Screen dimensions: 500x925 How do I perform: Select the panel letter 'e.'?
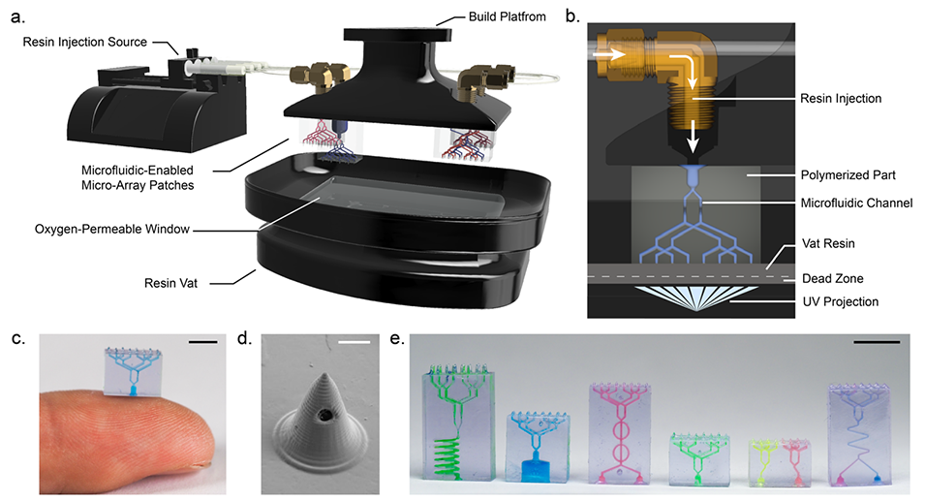(421, 340)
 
